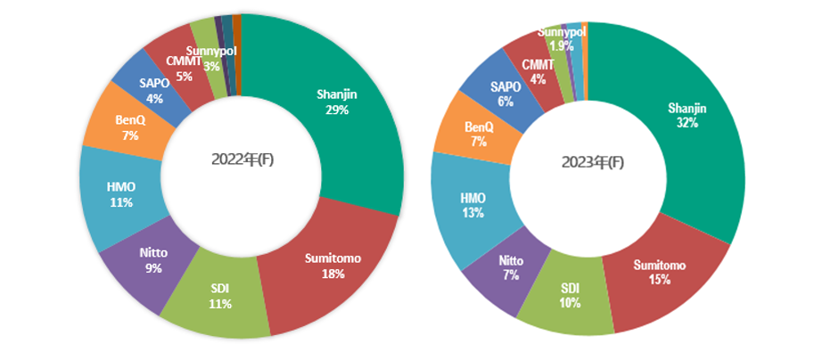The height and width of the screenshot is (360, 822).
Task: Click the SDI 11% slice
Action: (221, 296)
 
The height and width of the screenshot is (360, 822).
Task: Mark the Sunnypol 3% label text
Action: (210, 59)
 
